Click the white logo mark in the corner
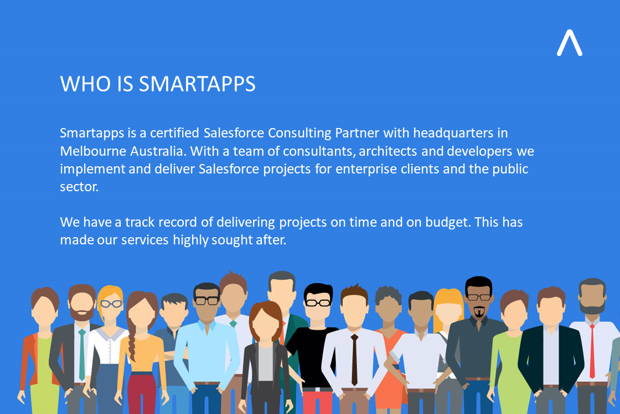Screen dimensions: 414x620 tap(569, 43)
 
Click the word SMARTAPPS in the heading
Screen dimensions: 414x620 tap(197, 84)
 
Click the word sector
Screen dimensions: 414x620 tap(79, 187)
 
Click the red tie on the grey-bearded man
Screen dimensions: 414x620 tap(592, 349)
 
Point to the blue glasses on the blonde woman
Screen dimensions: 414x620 tap(111, 304)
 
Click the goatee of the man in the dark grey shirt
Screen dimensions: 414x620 tap(478, 313)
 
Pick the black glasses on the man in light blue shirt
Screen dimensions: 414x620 tap(207, 300)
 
